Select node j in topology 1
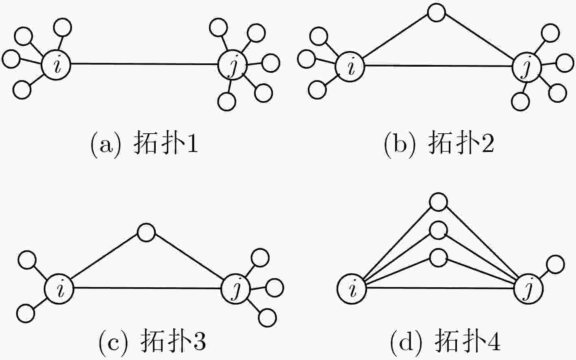point(232,65)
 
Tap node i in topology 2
point(350,67)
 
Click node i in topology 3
point(59,289)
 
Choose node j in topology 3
point(236,289)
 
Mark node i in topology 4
point(352,289)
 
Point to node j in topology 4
point(528,289)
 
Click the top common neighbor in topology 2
point(437,12)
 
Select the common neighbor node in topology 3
point(146,232)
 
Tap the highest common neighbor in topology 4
point(439,202)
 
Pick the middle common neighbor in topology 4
point(439,230)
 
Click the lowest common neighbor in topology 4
point(439,258)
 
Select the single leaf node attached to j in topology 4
point(555,264)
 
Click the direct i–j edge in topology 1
point(144,64)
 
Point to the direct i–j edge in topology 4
point(440,288)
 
